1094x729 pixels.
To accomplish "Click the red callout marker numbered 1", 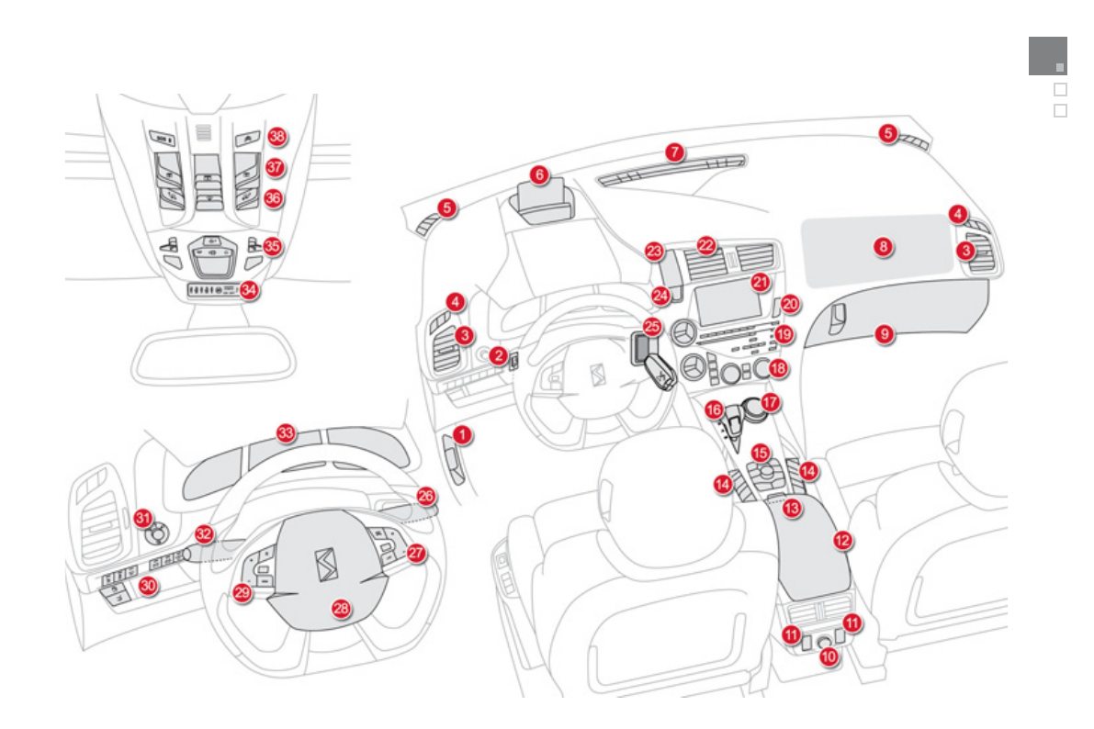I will click(x=464, y=432).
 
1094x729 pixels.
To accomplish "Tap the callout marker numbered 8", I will click(x=883, y=247).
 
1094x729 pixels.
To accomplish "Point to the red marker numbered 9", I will click(x=884, y=335).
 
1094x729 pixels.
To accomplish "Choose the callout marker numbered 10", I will click(x=829, y=656).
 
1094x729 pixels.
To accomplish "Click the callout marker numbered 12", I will click(x=842, y=541).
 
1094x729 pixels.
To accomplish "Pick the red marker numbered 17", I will click(x=770, y=402).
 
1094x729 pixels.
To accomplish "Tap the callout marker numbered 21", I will click(x=760, y=283).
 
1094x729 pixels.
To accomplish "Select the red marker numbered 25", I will click(x=651, y=326).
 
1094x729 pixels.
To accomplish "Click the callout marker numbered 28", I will click(x=341, y=608).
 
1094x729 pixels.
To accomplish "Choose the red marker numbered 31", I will click(x=142, y=519).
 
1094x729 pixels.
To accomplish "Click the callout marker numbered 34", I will click(x=249, y=289).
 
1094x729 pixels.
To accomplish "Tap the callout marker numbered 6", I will click(x=539, y=174).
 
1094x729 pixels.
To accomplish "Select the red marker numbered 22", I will click(x=705, y=245).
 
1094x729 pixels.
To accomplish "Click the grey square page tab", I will click(x=1047, y=55).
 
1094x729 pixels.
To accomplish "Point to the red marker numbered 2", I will click(x=498, y=354).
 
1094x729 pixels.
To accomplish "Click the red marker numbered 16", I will click(x=714, y=410).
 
